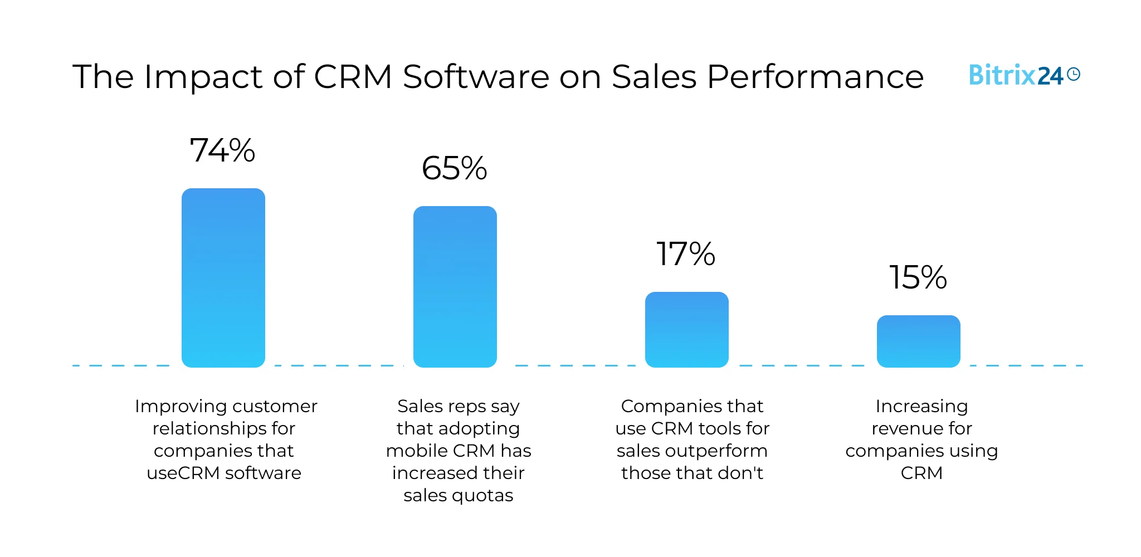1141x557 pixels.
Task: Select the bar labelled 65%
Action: [455, 286]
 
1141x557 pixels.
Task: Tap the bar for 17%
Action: [686, 329]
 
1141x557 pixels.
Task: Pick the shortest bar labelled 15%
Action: [918, 341]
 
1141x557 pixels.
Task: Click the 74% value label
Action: [222, 150]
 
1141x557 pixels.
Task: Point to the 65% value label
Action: [454, 168]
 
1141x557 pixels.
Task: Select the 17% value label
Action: [686, 254]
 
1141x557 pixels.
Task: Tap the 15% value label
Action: [918, 277]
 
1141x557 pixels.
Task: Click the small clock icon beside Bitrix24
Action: [1074, 74]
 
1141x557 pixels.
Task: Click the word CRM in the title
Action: [353, 76]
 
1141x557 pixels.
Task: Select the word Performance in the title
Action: [815, 76]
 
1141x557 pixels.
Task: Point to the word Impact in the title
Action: [203, 76]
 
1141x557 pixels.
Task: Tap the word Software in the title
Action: [476, 76]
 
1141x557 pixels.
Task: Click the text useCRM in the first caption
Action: [183, 473]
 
